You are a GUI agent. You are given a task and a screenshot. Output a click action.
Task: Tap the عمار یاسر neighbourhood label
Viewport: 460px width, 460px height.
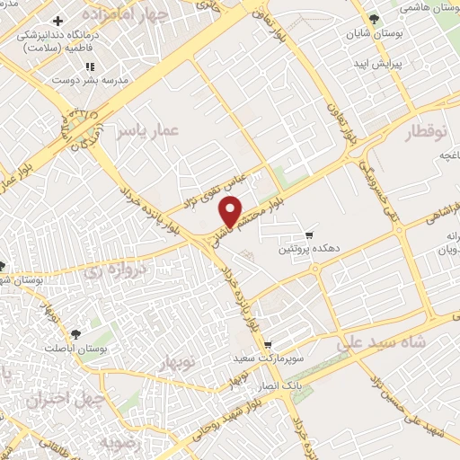pos(148,132)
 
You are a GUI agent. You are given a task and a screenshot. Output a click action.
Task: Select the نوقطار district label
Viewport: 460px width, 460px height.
pos(427,132)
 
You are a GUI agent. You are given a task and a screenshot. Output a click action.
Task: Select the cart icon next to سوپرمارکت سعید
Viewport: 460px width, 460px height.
pos(267,345)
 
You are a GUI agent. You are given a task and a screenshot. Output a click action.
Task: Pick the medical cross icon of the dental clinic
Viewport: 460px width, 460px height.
pos(58,20)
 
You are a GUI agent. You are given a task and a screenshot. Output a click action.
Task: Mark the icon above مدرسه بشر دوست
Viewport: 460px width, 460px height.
pos(89,66)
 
